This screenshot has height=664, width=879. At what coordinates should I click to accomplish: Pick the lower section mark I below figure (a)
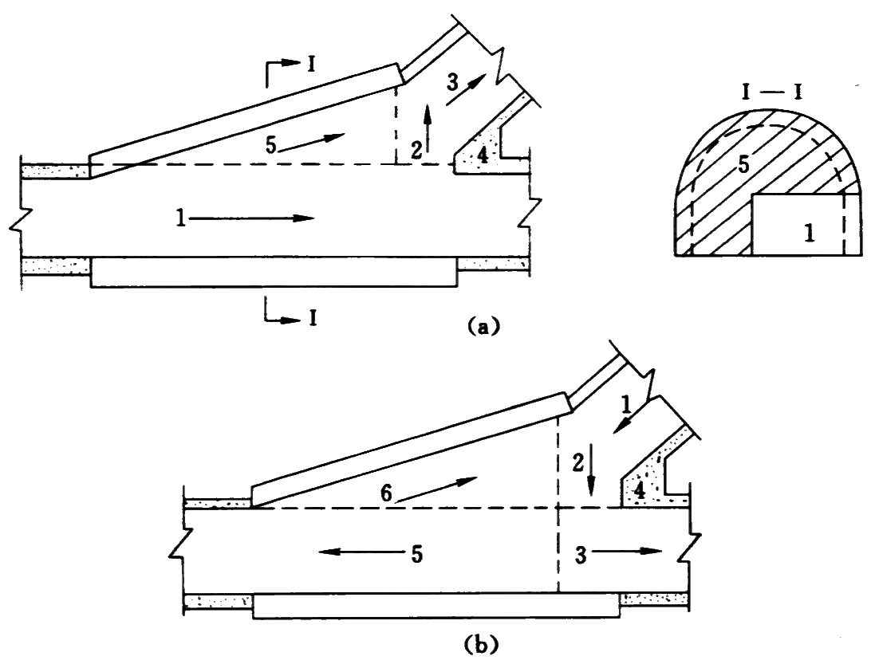point(313,319)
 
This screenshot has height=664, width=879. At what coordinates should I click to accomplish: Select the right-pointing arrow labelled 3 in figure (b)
point(630,551)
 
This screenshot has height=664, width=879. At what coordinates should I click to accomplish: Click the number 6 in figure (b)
point(388,495)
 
